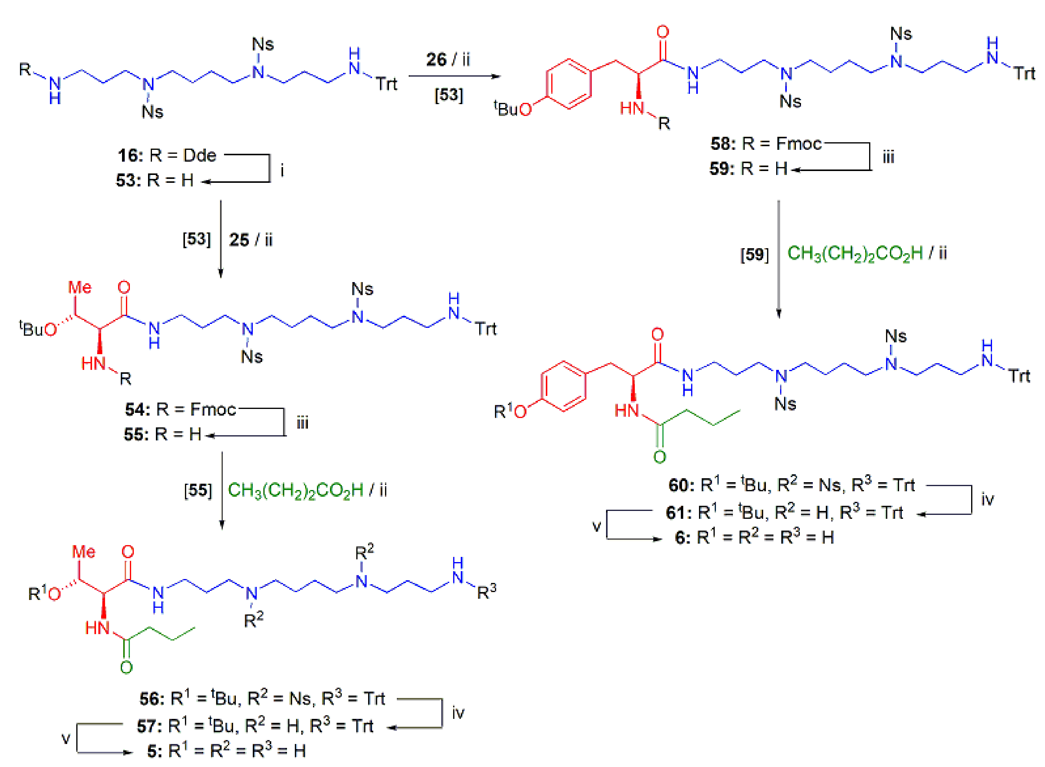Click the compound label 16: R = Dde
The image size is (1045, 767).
[x=167, y=156]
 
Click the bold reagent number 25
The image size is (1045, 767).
[x=239, y=240]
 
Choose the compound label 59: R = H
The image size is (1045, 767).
[x=748, y=169]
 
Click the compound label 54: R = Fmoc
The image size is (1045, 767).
[x=180, y=410]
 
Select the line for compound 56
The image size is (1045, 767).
[x=262, y=699]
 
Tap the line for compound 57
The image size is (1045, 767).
[x=255, y=726]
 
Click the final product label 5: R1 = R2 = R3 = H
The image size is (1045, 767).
[x=226, y=751]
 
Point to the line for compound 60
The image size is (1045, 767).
[x=791, y=485]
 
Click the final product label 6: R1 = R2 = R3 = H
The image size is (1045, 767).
[x=754, y=538]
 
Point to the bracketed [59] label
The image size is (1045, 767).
[x=754, y=255]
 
